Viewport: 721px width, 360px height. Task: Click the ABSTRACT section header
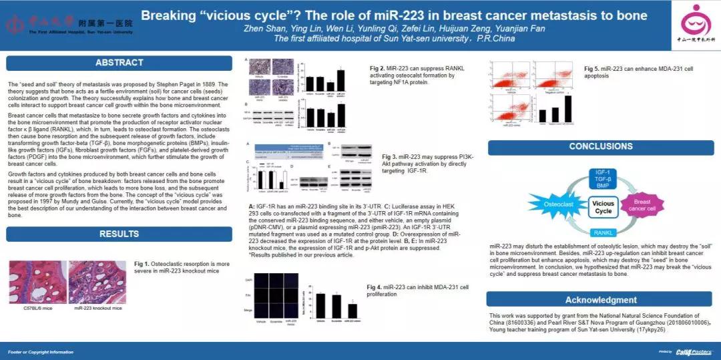119,63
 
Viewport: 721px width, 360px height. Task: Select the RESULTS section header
119,234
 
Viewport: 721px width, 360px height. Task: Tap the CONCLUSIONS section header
600,146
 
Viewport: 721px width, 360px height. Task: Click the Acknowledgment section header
600,300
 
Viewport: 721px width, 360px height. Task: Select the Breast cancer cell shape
642,205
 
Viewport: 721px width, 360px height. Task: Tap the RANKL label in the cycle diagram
603,232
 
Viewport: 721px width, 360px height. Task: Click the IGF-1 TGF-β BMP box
603,179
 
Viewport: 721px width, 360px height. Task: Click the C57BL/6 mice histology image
37,282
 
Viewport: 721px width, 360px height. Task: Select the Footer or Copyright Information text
41,352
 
